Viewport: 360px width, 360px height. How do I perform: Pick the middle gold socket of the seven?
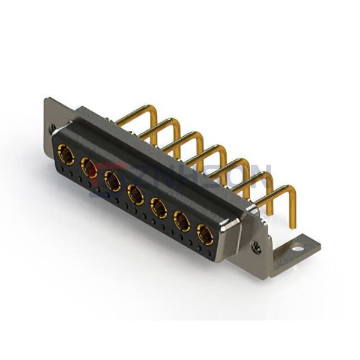click(x=136, y=193)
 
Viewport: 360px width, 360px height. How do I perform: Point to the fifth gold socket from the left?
click(x=158, y=207)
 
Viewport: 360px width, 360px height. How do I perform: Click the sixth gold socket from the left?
click(x=182, y=221)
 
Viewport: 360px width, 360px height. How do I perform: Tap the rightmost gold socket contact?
click(x=205, y=234)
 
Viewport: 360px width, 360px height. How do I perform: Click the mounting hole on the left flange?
click(x=53, y=128)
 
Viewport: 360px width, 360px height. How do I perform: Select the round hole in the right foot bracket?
click(x=297, y=245)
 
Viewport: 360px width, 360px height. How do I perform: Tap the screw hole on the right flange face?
click(x=257, y=245)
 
